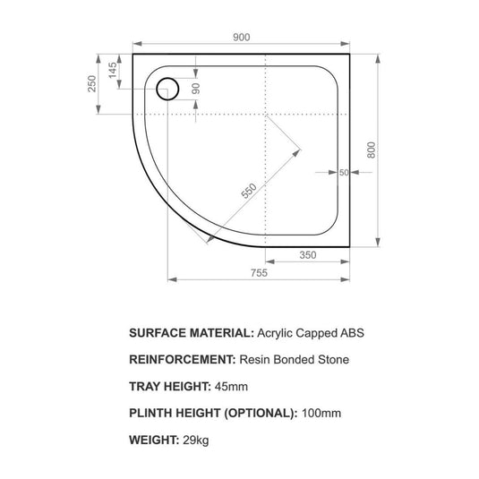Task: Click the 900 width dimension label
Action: (241, 37)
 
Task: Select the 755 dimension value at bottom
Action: (260, 272)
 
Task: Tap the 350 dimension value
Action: (308, 254)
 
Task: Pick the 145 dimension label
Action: (112, 71)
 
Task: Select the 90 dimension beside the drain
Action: (194, 89)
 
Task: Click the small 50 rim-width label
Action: (344, 173)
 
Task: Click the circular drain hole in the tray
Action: (167, 89)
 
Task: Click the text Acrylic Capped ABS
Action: (311, 332)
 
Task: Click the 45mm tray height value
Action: (231, 386)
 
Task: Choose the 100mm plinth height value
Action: (321, 413)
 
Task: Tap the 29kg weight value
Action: (194, 440)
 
